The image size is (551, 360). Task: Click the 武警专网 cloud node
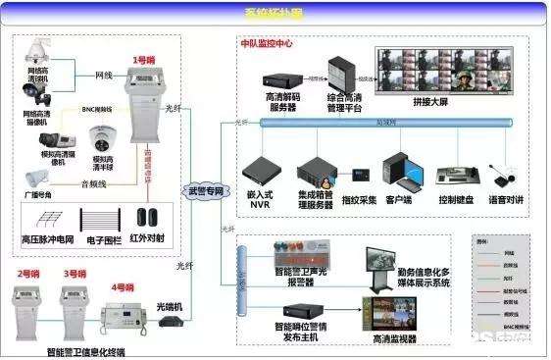[x=205, y=189]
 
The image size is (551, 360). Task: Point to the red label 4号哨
[x=123, y=287]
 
